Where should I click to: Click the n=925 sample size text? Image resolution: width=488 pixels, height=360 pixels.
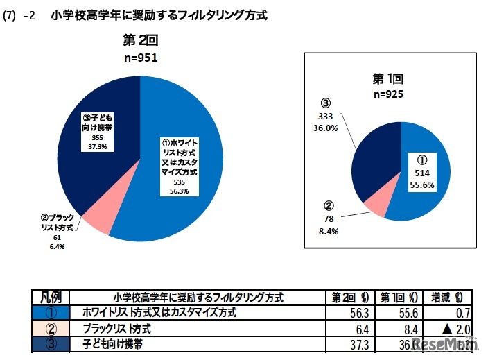(x=388, y=94)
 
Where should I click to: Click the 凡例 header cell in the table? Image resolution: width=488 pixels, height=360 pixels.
(x=51, y=297)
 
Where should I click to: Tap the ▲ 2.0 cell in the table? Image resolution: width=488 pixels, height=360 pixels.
(x=455, y=328)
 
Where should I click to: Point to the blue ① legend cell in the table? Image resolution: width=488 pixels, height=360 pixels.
(x=51, y=313)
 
